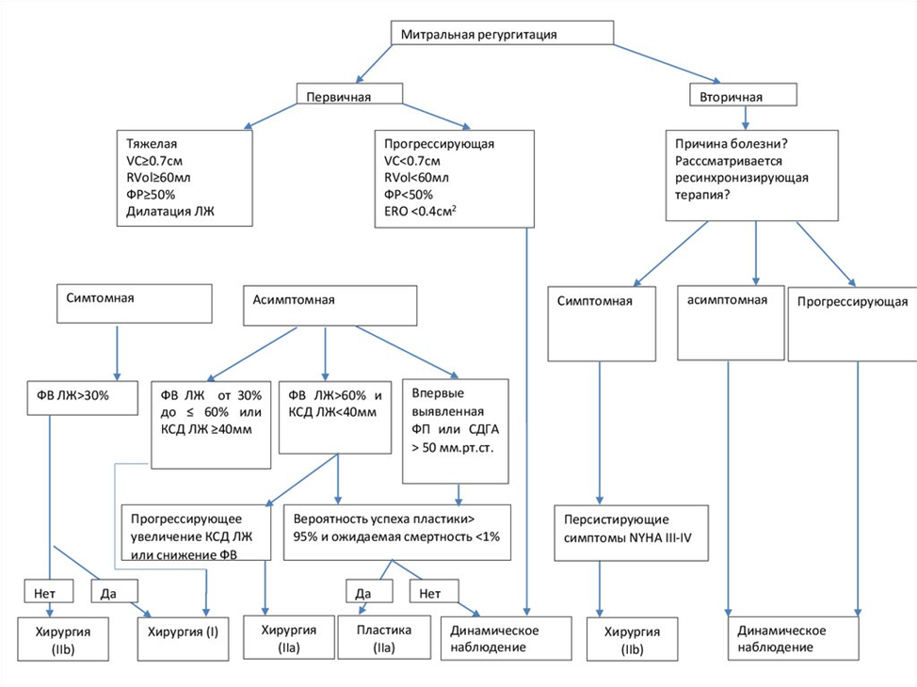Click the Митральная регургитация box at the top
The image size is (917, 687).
point(502,33)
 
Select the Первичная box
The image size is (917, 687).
point(349,93)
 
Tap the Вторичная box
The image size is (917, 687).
point(744,95)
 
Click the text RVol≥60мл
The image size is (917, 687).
point(158,178)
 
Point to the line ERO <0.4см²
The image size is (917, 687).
point(420,211)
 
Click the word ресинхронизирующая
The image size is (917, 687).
point(742,178)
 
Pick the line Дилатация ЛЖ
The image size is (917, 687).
point(170,211)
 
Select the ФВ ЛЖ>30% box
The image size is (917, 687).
point(83,398)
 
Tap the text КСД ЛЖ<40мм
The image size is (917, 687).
point(332,412)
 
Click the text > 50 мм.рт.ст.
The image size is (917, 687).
point(453,449)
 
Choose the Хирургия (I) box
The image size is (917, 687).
point(183,639)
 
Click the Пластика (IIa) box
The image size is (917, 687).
point(384,637)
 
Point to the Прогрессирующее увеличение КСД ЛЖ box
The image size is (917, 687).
point(196,533)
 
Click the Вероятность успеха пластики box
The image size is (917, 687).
point(396,532)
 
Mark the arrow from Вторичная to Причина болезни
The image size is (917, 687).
point(745,118)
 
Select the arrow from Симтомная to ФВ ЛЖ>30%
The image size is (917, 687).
point(117,353)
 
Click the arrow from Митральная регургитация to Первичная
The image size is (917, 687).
point(374,64)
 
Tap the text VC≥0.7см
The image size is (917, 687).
point(154,161)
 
